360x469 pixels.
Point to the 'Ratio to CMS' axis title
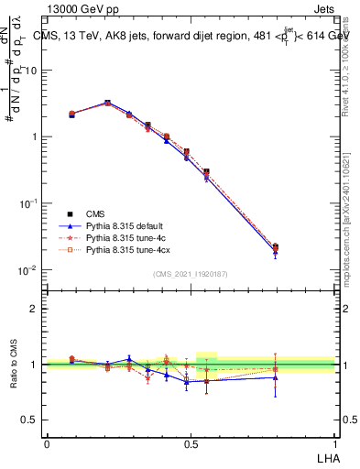pos(16,365)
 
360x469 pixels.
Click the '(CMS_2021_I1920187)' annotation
pos(190,274)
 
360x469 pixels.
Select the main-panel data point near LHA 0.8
pos(276,246)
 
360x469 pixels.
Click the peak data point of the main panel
pos(107,104)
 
